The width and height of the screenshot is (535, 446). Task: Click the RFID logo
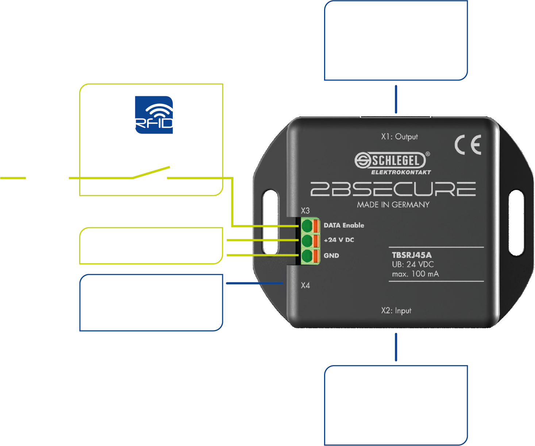[154, 115]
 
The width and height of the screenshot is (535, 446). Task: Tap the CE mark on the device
[468, 145]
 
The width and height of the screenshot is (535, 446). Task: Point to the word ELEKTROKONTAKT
[401, 172]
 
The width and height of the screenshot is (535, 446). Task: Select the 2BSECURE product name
[393, 189]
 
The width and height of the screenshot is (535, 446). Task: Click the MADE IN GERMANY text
[393, 205]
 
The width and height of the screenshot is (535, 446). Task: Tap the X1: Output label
[399, 137]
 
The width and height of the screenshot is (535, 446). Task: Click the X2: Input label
[396, 311]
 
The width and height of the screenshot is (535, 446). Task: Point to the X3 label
[305, 211]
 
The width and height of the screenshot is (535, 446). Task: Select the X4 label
[305, 286]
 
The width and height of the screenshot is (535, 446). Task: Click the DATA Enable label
[344, 225]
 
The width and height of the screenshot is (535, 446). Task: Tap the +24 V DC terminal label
[339, 240]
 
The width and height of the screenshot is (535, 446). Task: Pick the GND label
[331, 256]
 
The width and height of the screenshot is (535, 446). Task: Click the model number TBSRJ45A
[412, 255]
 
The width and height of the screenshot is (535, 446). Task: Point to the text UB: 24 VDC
[413, 264]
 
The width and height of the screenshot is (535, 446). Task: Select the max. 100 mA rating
[415, 274]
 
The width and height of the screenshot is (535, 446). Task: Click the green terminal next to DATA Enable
[307, 226]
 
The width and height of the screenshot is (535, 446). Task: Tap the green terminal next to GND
[307, 256]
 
